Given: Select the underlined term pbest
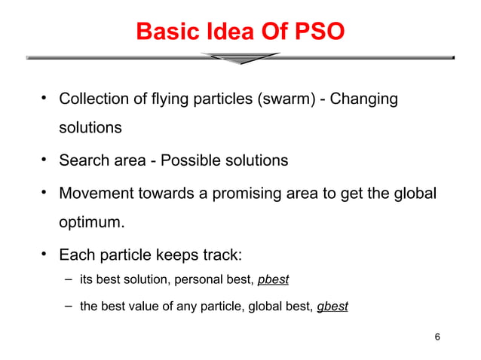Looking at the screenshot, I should (273, 280).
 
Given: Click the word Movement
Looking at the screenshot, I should (93, 193).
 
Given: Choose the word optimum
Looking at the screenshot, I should (91, 224).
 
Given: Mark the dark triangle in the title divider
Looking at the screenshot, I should (240, 58).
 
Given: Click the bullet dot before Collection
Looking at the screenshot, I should (44, 98).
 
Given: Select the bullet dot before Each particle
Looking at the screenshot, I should (44, 252).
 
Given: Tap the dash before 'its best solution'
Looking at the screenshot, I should (67, 279).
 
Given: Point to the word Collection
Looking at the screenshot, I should (93, 99).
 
